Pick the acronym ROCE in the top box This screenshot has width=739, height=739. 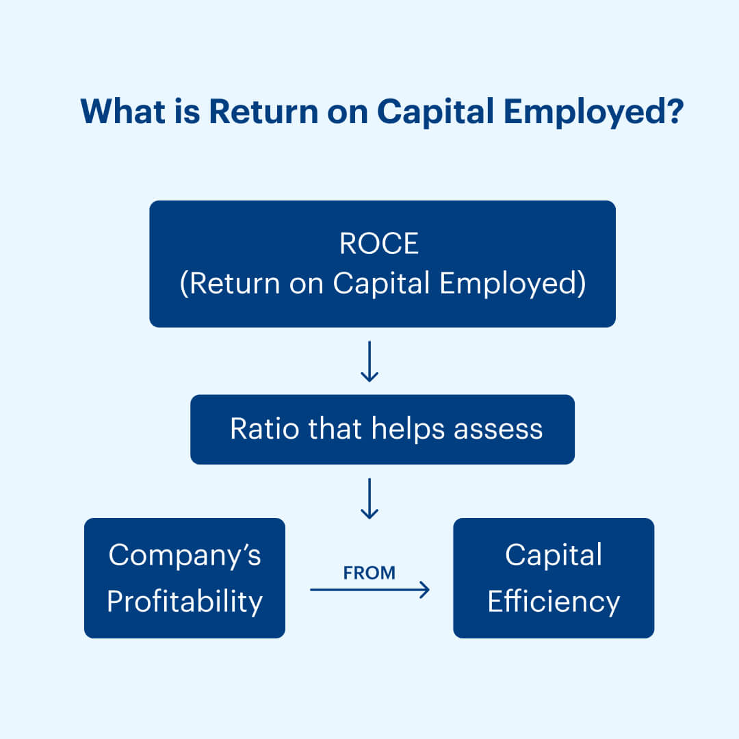379,244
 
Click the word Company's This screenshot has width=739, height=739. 185,556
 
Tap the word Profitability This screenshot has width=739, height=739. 185,602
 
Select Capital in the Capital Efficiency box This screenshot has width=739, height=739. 554,556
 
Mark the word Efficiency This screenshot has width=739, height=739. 554,602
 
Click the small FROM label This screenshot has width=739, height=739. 369,573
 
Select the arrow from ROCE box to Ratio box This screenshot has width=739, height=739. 369,361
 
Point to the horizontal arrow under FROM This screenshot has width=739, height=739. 369,589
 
